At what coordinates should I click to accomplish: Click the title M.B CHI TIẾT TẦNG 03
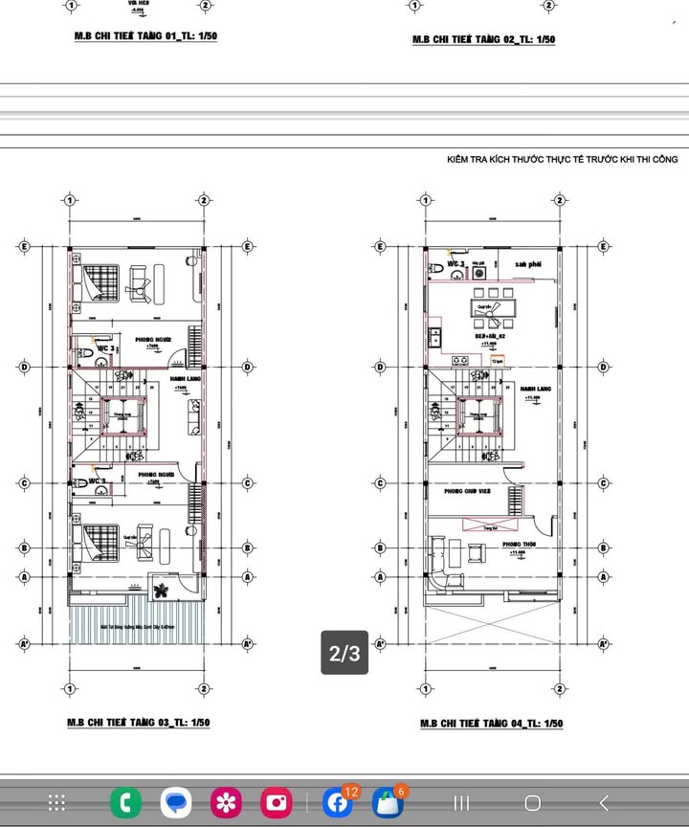pos(138,723)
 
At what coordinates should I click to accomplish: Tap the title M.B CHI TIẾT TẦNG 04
pos(491,724)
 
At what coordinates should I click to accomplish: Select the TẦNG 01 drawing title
pos(145,36)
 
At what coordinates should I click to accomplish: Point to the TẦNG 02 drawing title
pos(483,39)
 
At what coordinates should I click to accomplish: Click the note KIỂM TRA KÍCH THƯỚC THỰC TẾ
pos(562,160)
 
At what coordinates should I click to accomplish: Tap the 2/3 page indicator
pos(344,653)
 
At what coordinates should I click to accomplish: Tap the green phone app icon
pos(125,802)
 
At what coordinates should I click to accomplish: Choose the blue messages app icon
pos(176,802)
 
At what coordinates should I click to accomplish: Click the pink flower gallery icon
pos(227,802)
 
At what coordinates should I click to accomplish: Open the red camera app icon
pos(277,802)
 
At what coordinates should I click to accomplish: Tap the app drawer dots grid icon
pos(56,802)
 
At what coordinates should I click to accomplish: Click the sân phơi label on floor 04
pos(528,263)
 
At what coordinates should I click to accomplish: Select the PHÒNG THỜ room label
pos(518,545)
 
